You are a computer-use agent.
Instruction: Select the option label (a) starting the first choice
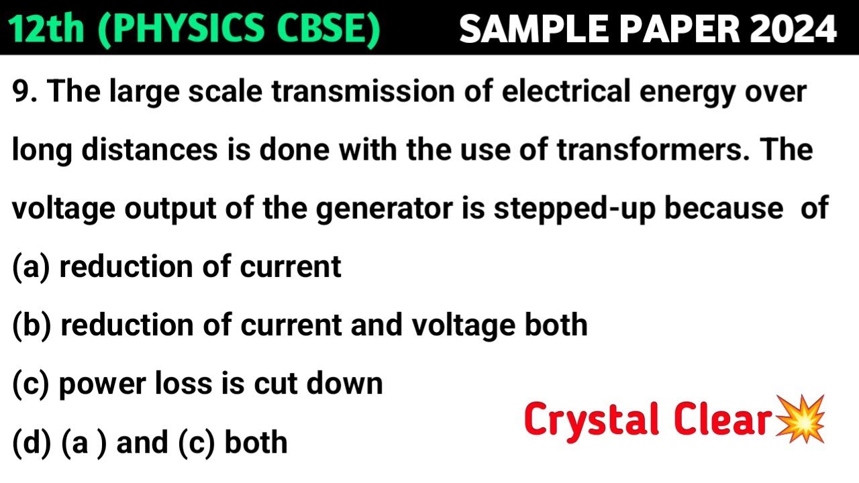[32, 267]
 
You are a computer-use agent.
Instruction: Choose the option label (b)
[32, 325]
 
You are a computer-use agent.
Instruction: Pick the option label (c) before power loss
[32, 384]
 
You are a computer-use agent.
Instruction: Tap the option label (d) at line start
[32, 443]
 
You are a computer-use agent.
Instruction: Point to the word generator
[397, 209]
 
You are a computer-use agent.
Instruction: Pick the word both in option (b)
[559, 325]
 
